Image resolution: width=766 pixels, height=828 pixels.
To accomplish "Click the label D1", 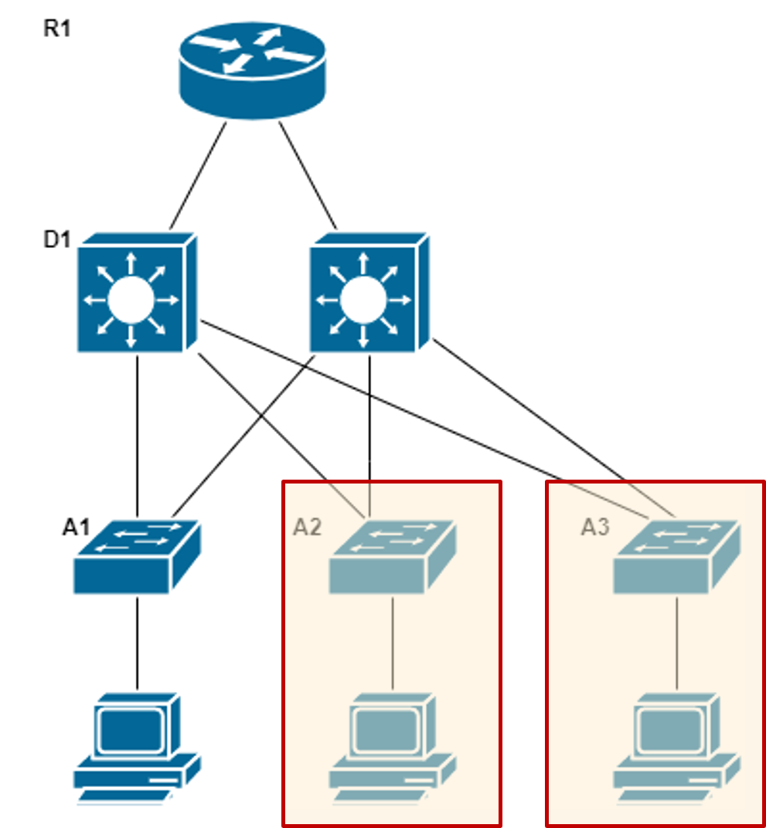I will click(56, 239).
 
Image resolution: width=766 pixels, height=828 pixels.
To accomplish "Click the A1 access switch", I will click(137, 558).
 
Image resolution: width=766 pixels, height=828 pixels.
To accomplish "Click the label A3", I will click(595, 528).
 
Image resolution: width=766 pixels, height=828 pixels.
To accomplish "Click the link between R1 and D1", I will click(199, 175).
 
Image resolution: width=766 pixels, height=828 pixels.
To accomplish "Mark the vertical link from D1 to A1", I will click(137, 433).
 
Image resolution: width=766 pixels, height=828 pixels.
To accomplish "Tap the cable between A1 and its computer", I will click(137, 643).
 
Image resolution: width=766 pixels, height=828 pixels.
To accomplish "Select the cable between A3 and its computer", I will click(677, 643).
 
